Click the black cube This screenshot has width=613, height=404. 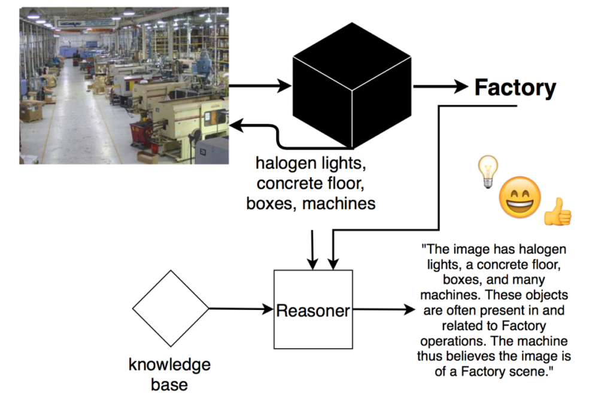point(351,87)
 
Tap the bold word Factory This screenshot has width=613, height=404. point(515,88)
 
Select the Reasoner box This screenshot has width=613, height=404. point(313,310)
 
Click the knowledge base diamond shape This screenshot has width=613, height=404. point(171,308)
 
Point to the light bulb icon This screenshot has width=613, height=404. point(489,172)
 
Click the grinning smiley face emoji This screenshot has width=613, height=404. point(520,198)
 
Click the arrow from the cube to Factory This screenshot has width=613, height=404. point(440,87)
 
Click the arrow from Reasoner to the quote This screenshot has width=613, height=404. point(383,310)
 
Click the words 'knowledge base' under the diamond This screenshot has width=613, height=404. point(170,374)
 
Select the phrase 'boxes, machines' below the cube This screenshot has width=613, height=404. point(311,203)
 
